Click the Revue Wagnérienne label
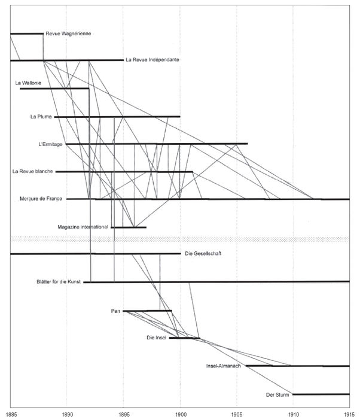pos(68,34)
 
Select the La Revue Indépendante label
pos(152,60)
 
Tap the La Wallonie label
pos(28,83)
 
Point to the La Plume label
pos(41,117)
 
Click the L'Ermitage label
pos(50,144)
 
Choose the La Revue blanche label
pos(32,171)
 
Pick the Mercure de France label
pos(41,199)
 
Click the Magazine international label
pos(83,227)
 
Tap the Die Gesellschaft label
pos(203,253)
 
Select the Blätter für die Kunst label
pos(59,282)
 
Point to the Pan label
pos(115,311)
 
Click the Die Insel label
pos(157,338)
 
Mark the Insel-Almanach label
pos(223,366)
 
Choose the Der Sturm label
pos(277,394)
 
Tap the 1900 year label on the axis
pos(181,414)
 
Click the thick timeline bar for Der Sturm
pos(321,394)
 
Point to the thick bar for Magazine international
pos(129,227)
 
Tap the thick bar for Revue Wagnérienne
pos(27,34)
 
